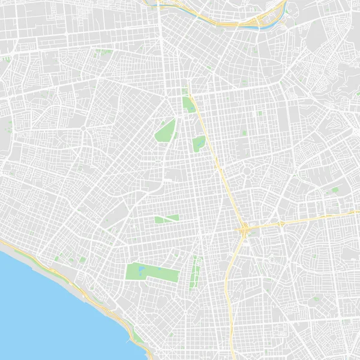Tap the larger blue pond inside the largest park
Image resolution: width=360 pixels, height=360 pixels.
(139, 271)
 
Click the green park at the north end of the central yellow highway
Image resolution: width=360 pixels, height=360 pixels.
(188, 103)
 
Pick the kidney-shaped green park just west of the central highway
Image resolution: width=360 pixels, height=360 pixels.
(199, 143)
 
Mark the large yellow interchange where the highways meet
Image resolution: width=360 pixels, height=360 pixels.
(244, 229)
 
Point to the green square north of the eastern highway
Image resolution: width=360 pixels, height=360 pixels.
(335, 190)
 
